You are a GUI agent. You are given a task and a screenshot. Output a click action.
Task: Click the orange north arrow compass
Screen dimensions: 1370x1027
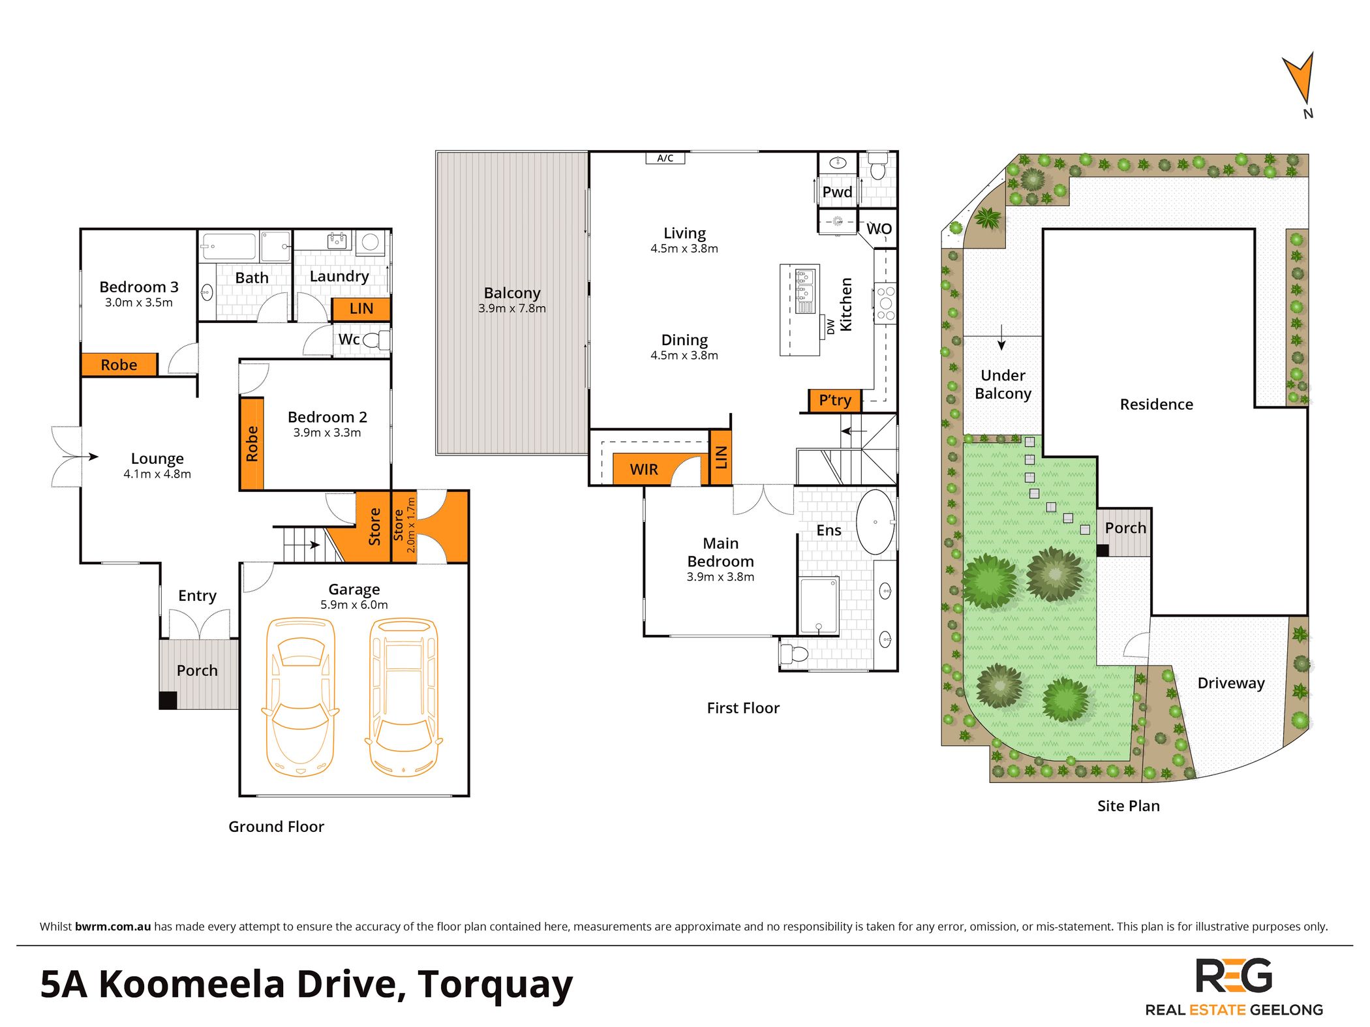(x=1299, y=78)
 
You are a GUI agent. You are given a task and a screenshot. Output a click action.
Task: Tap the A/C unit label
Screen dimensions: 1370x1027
(x=665, y=158)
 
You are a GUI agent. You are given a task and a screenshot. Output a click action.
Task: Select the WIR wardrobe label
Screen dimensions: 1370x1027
(x=643, y=469)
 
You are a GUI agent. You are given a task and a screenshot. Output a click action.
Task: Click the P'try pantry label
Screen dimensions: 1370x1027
(x=835, y=401)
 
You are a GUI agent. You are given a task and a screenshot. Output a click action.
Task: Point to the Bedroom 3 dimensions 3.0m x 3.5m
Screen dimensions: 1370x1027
(x=139, y=303)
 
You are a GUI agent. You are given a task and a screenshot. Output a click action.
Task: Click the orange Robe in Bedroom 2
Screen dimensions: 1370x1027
(x=252, y=444)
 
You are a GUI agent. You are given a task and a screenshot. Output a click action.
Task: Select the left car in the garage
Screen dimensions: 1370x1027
(x=300, y=697)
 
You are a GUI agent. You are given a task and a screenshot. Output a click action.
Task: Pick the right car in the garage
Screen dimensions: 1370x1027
(x=404, y=697)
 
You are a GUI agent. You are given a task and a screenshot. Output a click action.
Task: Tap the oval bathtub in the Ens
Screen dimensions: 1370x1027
(x=875, y=522)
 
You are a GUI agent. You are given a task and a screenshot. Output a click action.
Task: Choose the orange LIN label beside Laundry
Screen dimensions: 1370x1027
(x=361, y=309)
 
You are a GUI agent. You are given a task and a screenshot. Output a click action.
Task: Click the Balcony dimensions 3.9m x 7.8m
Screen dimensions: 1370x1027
(x=512, y=309)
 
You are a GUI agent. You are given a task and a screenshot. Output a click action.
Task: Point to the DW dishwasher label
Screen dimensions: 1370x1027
(x=830, y=326)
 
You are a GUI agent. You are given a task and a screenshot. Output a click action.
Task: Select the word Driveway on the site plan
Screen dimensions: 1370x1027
(x=1231, y=683)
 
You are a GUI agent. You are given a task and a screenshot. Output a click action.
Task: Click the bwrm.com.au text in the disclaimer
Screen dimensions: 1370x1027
(x=113, y=927)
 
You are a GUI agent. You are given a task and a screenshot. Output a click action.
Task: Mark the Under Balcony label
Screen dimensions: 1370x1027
(x=1003, y=384)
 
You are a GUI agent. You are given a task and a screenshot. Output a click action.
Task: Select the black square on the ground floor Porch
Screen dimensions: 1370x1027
(x=168, y=700)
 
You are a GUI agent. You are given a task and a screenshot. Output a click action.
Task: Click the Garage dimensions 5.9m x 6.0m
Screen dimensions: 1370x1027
(x=354, y=605)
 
